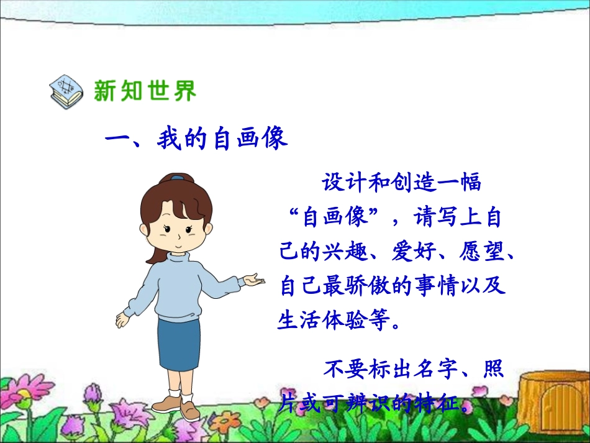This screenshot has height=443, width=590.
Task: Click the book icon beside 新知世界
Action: tap(65, 92)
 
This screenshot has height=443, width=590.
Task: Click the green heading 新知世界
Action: tap(145, 91)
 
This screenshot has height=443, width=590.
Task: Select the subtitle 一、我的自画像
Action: tap(196, 139)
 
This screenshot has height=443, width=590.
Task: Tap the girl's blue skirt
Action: tap(178, 345)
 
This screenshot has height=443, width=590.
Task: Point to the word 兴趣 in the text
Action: tap(355, 252)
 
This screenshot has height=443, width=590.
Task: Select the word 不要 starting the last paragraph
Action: tap(338, 371)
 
